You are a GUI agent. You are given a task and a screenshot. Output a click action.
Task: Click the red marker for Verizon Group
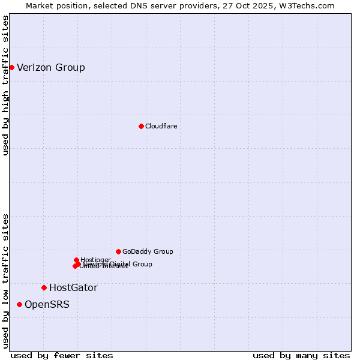(11, 67)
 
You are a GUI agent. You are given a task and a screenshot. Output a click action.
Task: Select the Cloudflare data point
(141, 126)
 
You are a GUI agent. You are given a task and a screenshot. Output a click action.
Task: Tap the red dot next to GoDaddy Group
(118, 251)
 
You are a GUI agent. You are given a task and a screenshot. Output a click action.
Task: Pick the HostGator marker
(44, 287)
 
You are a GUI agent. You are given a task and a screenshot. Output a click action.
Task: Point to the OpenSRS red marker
(19, 305)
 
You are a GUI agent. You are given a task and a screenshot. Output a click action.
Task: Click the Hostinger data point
(76, 260)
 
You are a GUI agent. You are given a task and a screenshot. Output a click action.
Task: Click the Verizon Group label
(51, 67)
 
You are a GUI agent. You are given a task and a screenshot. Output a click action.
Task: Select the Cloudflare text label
(161, 126)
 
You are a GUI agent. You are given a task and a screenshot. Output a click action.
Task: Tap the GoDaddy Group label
(148, 251)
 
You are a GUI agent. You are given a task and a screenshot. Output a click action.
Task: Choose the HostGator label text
(73, 287)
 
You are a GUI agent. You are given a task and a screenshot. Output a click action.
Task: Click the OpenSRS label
(47, 305)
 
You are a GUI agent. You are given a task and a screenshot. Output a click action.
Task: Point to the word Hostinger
(95, 260)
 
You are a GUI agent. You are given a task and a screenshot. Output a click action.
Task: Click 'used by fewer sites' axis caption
(62, 355)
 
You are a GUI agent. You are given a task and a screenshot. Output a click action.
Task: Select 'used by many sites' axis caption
(301, 355)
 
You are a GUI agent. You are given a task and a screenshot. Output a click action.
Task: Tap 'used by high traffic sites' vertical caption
(6, 85)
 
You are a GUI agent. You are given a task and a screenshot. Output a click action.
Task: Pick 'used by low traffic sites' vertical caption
(6, 281)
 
